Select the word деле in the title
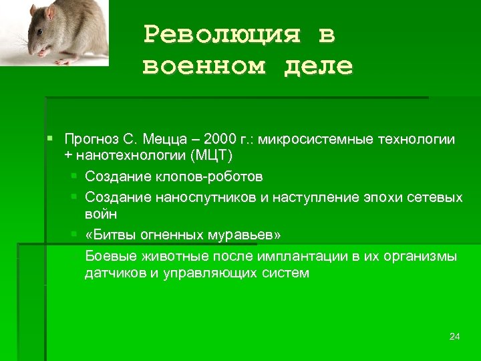(x=316, y=66)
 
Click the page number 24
(x=454, y=336)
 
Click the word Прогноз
(x=92, y=140)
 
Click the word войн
(x=101, y=214)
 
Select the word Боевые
(x=110, y=257)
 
